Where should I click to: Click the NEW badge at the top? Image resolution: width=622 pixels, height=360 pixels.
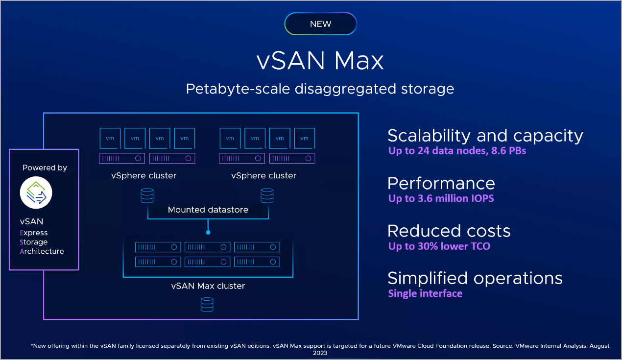pos(320,24)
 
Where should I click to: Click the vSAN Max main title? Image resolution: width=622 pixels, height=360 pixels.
pos(320,60)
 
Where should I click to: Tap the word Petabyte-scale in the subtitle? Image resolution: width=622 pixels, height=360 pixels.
pos(238,89)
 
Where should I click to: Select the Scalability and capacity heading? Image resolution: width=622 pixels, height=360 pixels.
pos(485,136)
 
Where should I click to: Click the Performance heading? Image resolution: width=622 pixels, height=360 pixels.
pos(441,183)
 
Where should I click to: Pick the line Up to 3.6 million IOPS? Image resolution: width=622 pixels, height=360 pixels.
pos(441,198)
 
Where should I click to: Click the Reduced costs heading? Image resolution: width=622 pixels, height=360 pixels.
pos(449,231)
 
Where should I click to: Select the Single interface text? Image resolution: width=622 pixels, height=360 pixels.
pos(425,293)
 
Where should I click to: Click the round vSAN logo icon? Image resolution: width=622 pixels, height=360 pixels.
pos(36,192)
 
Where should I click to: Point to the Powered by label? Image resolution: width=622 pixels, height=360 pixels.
pos(45,168)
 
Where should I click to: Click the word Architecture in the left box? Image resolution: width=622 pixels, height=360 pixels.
pos(42,251)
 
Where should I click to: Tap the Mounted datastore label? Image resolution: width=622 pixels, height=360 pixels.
pos(208,210)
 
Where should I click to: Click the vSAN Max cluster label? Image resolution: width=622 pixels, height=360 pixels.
pos(208,286)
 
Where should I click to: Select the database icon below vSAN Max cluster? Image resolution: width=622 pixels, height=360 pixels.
pos(207,305)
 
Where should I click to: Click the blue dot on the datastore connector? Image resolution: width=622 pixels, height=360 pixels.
pos(208,233)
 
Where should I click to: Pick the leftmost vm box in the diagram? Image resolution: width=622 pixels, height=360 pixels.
pos(110,138)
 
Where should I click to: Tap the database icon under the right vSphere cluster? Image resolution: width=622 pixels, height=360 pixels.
pos(267,195)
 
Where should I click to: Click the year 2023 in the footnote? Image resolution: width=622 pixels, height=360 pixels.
pos(320,353)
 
